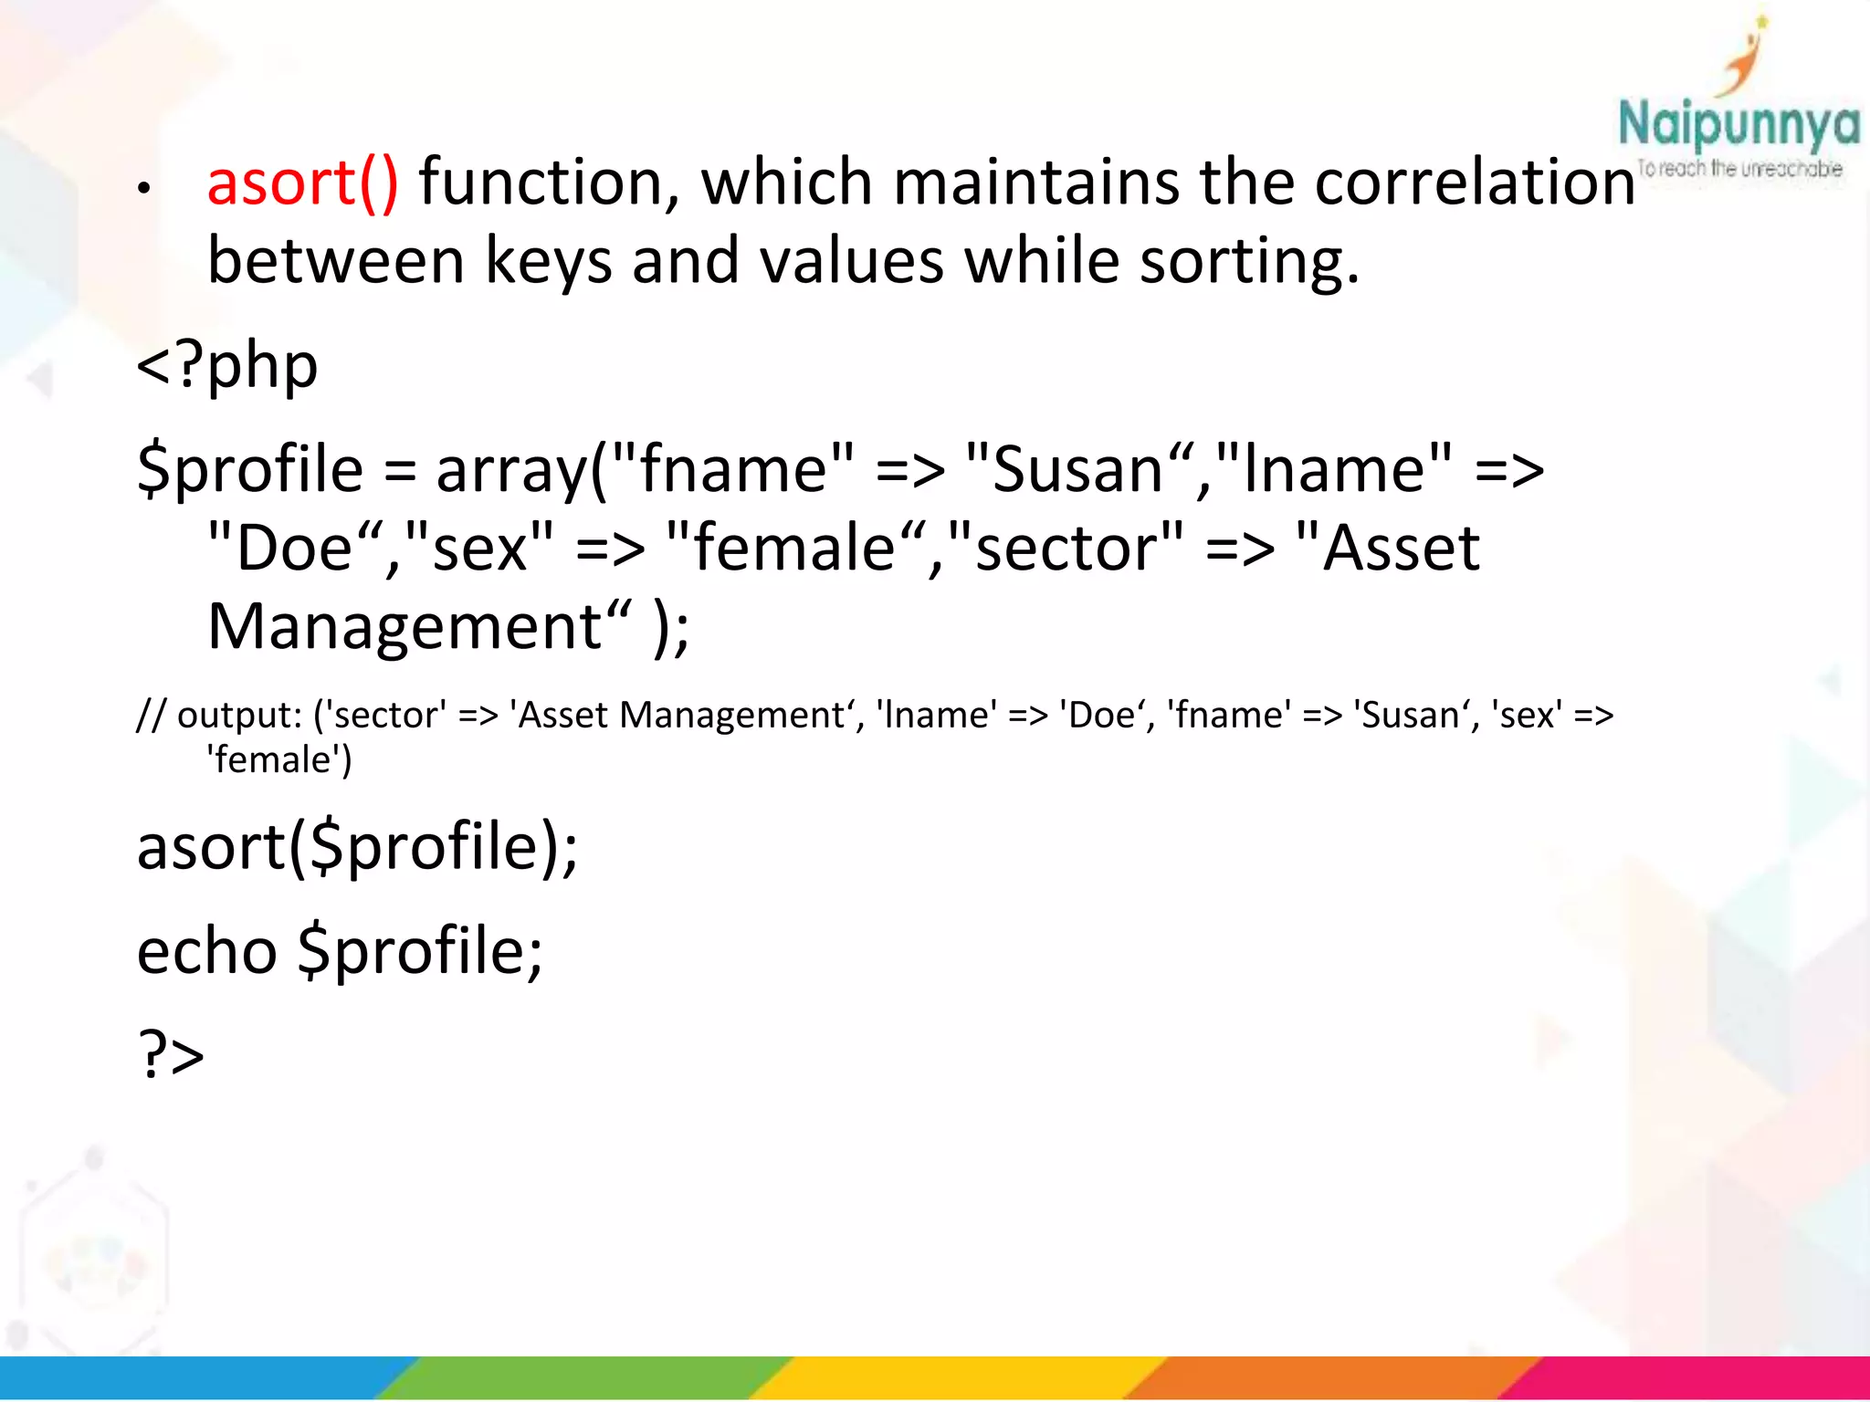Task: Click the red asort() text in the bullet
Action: (302, 183)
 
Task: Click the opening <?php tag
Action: (227, 366)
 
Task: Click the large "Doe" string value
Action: (296, 549)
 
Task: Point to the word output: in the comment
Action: (239, 716)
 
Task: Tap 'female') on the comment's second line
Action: (279, 760)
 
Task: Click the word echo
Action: (206, 952)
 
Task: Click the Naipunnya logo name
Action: (1738, 124)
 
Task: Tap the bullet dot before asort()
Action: (143, 189)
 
